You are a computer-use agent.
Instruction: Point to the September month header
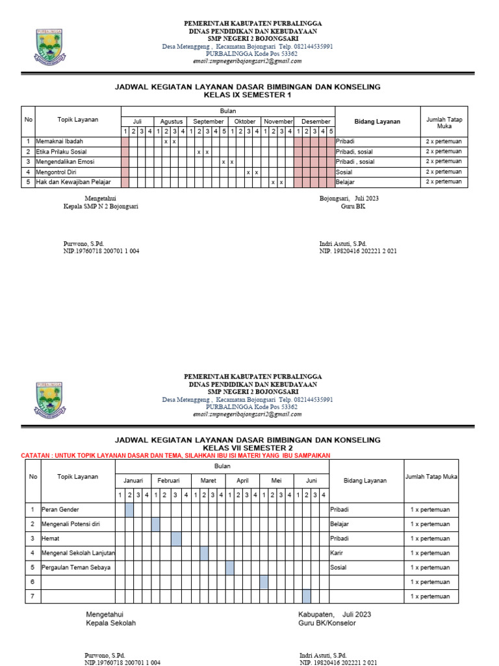tap(208, 122)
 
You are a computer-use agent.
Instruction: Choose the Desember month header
tap(316, 122)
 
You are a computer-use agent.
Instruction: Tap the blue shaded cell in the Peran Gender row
tap(129, 509)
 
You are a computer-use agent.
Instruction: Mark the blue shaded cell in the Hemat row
tap(176, 539)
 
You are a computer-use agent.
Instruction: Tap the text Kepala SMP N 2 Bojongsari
tap(100, 206)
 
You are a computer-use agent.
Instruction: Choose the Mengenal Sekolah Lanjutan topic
tap(78, 553)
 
